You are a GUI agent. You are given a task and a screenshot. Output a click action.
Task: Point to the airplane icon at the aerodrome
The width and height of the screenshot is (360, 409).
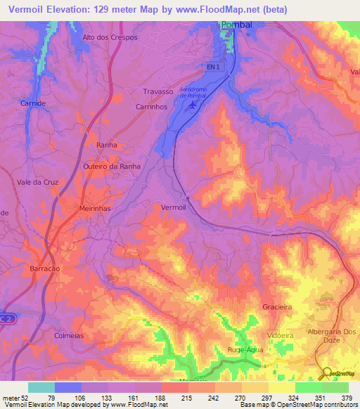tap(193, 105)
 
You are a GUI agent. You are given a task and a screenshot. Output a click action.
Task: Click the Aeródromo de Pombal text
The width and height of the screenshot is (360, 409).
tap(200, 93)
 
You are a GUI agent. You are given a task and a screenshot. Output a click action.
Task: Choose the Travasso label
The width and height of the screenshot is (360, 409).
tap(157, 91)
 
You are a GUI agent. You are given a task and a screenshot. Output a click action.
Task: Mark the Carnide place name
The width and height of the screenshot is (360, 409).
tap(33, 103)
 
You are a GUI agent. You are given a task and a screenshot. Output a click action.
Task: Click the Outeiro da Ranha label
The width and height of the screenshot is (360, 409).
tap(112, 167)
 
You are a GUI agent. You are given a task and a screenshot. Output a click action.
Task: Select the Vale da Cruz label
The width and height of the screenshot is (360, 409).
tap(37, 182)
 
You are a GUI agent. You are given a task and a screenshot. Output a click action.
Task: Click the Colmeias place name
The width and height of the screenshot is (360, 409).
tap(69, 336)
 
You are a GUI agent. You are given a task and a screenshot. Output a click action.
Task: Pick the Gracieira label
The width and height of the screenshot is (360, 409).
tap(276, 308)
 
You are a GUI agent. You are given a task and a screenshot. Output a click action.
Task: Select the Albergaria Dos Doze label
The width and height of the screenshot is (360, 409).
tap(333, 337)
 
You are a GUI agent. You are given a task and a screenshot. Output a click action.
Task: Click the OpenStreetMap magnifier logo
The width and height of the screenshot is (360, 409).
tap(325, 372)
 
